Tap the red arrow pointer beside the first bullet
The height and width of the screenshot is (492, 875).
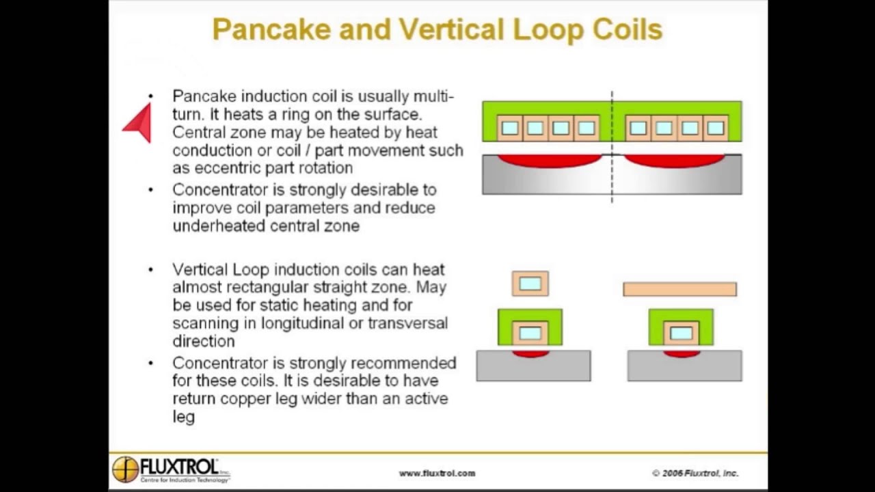(x=139, y=123)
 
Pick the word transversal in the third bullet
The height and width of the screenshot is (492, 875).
(x=407, y=323)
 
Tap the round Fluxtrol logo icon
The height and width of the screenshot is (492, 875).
(x=125, y=469)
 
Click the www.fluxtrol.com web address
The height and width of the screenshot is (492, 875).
(x=437, y=473)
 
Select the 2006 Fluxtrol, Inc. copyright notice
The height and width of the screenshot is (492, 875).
(x=695, y=473)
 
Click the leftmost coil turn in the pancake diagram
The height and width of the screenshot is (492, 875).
(x=509, y=128)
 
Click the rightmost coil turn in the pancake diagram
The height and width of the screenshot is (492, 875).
(x=715, y=128)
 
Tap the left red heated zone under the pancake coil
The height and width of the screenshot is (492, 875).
(x=549, y=161)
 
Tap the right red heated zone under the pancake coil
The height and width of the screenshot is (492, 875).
(x=674, y=161)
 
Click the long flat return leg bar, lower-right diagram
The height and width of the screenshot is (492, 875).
(x=679, y=290)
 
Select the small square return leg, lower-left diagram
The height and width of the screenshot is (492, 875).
(x=530, y=284)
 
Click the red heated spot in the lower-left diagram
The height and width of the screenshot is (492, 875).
(x=530, y=354)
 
